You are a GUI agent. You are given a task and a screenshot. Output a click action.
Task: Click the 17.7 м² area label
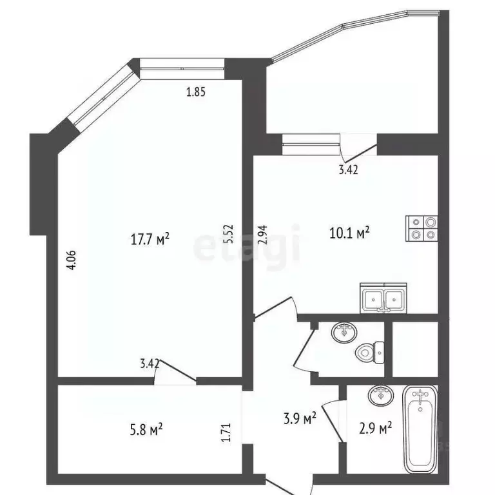tap(150, 240)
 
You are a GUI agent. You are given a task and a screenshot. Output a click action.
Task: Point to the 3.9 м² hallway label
tap(300, 420)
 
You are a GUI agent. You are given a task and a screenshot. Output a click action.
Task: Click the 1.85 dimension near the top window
tap(195, 92)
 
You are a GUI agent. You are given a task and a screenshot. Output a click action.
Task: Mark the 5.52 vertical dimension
tap(227, 233)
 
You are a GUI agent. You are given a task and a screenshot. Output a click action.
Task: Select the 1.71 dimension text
tap(226, 432)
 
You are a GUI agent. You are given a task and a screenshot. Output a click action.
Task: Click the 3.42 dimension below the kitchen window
tap(348, 171)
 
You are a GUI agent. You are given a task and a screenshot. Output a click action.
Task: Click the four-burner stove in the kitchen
tap(422, 228)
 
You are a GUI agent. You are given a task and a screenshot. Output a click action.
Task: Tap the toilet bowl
tap(367, 352)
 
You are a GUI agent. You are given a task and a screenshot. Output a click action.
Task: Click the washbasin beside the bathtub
tap(381, 394)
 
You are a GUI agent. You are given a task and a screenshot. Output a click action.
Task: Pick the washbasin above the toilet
tap(344, 333)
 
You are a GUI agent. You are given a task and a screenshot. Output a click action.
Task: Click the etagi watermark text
tap(247, 245)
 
